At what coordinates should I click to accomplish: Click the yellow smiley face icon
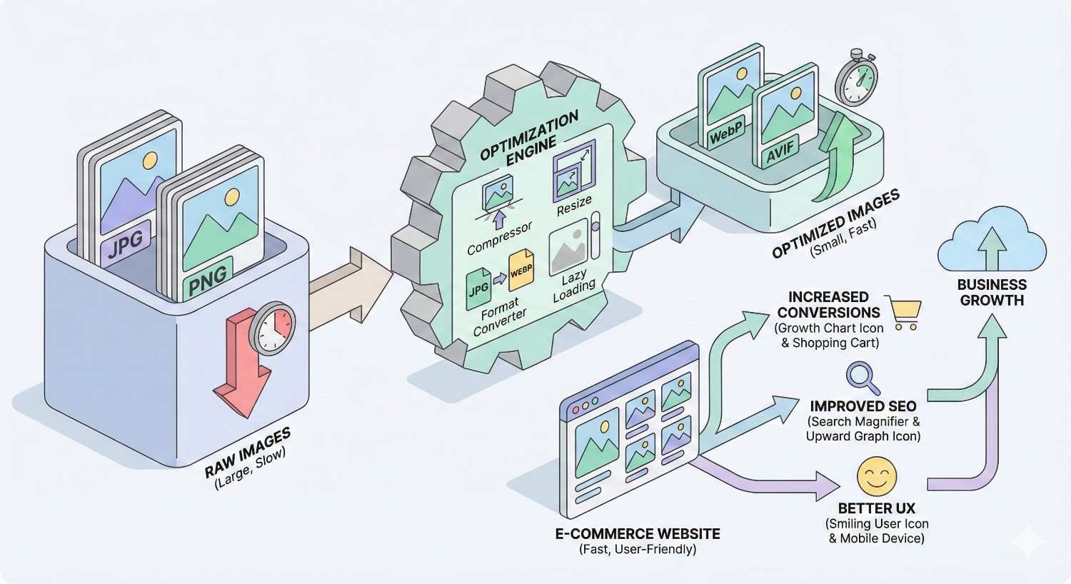pyautogui.click(x=876, y=477)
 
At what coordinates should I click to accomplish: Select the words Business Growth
pyautogui.click(x=992, y=293)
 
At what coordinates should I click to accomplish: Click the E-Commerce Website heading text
pyautogui.click(x=638, y=533)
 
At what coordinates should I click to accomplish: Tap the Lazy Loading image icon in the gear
pyautogui.click(x=569, y=247)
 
